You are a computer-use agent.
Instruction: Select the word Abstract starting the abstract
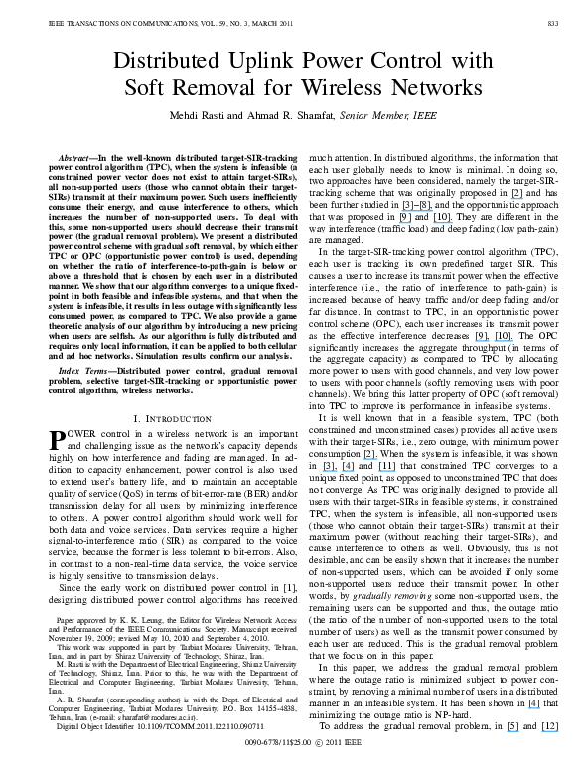pyautogui.click(x=73, y=157)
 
